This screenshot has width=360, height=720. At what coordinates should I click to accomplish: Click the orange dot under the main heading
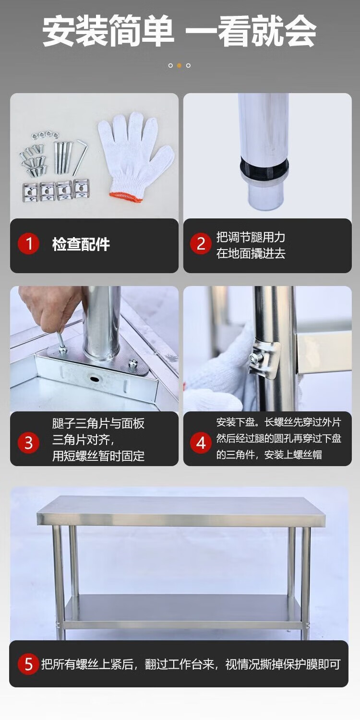pos(180,66)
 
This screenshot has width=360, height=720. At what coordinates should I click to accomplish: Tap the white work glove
pos(136,156)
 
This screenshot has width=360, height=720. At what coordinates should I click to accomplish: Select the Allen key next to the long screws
pos(80,157)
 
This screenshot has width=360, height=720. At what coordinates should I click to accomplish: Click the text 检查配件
pos(81,244)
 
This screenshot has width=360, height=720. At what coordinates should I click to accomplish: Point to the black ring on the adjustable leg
pos(264,168)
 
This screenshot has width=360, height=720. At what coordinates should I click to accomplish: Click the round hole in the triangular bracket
pos(95,379)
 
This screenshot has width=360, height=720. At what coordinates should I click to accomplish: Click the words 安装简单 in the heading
pos(108,32)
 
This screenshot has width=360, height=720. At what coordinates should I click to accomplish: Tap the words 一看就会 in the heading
pos(252,32)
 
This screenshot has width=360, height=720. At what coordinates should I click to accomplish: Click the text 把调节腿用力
pos(251,237)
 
